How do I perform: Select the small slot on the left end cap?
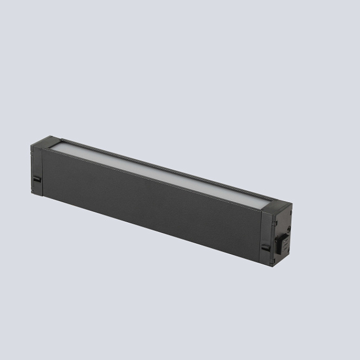point(37,179)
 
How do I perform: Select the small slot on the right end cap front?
point(265,247)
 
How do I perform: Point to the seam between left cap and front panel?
point(42,170)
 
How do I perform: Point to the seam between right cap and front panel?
point(261,234)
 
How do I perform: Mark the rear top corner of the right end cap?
point(292,204)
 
